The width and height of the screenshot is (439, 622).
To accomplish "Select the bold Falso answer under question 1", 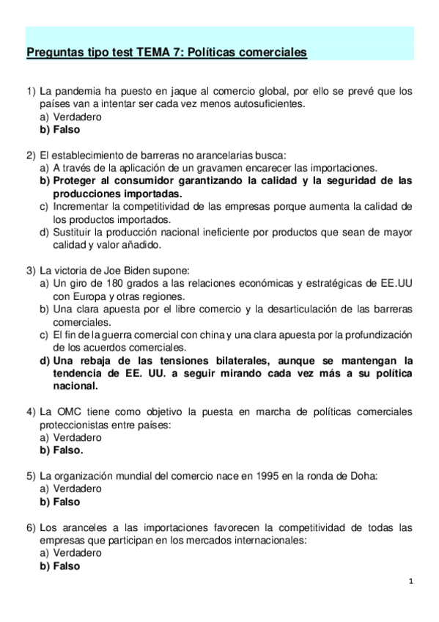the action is click(x=67, y=129).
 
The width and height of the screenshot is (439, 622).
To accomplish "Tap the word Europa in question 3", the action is click(x=90, y=296).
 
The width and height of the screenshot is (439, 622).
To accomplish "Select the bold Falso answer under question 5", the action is click(x=67, y=502).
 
